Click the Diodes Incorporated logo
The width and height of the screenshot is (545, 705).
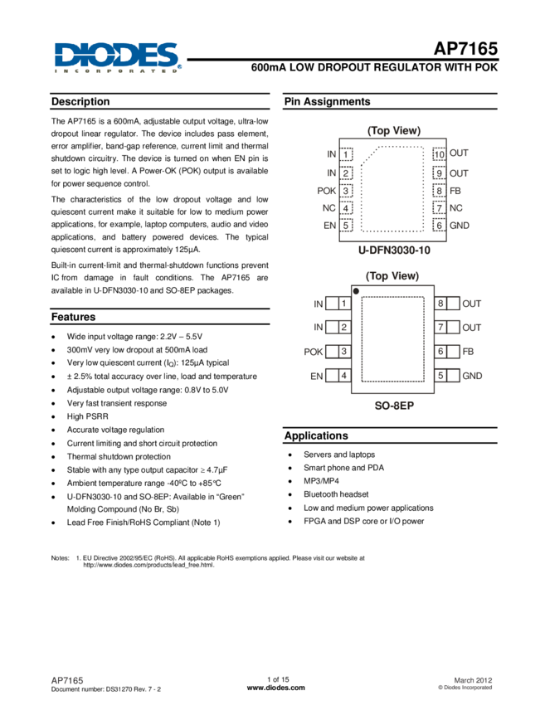118,58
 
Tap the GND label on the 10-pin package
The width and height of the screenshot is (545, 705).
460,226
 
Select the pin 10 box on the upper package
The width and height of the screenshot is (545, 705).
440,154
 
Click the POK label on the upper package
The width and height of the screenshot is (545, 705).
327,190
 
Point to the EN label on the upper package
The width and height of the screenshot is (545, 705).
329,226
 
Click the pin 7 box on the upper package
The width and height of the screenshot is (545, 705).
440,208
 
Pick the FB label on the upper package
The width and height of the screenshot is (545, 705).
455,190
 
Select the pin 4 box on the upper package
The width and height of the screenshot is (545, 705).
347,208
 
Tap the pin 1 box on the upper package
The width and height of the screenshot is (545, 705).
347,154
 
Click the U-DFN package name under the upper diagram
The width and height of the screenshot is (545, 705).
394,249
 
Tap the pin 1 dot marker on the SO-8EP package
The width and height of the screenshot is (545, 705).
355,290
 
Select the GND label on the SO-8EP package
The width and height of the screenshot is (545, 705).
472,377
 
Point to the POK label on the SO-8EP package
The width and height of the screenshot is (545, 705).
314,352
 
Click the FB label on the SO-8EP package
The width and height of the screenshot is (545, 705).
468,352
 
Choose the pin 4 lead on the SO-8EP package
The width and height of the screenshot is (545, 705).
338,377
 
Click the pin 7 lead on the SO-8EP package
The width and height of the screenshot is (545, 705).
448,328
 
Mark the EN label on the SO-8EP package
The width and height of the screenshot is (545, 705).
316,377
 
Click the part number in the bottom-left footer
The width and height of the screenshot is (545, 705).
68,680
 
